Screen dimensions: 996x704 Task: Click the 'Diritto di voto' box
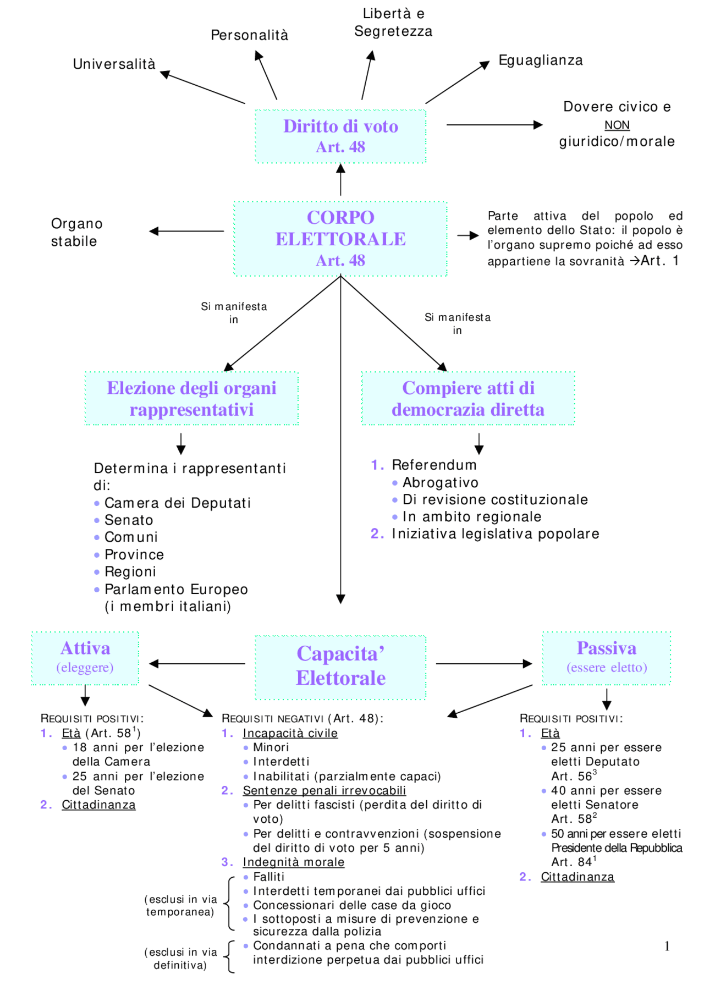[x=340, y=136]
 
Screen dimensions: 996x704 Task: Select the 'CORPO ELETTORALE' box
[x=340, y=239]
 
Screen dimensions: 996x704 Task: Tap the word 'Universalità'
[x=114, y=64]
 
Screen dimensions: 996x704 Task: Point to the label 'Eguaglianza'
[x=540, y=60]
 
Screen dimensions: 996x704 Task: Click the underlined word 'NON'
[x=617, y=125]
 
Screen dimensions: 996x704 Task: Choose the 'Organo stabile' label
[x=76, y=232]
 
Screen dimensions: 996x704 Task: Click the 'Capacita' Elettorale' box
[x=340, y=666]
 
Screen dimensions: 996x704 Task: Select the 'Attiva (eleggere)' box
[x=85, y=657]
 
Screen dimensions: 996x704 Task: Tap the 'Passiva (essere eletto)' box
[x=606, y=657]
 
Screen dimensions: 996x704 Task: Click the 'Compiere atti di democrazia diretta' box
[x=468, y=398]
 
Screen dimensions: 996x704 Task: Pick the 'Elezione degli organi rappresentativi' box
[x=191, y=398]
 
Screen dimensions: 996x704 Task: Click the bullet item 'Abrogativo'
[x=440, y=482]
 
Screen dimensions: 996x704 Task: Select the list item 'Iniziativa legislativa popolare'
[x=495, y=533]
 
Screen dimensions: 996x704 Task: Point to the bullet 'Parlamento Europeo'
[x=176, y=589]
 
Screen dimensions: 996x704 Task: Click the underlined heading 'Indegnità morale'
[x=293, y=862]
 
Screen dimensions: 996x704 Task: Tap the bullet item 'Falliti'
[x=268, y=877]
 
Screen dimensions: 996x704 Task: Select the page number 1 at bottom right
[x=667, y=946]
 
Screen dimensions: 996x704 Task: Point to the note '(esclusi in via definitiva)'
[x=180, y=958]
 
